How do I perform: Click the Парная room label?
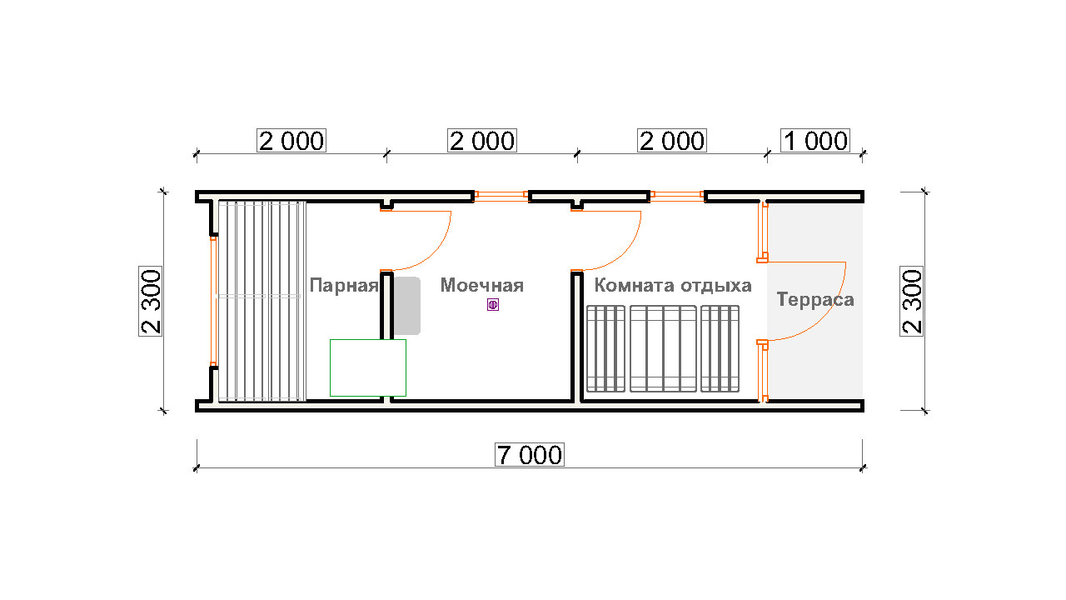344,285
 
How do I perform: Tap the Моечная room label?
481,285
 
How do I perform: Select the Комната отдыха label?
673,285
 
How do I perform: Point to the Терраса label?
815,299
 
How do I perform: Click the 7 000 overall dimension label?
530,455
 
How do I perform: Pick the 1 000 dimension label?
815,141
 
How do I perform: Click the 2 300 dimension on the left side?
151,302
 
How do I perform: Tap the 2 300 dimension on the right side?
912,302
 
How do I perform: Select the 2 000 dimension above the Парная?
291,141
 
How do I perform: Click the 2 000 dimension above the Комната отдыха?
672,141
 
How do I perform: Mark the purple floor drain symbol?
493,305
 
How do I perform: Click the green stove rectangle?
368,367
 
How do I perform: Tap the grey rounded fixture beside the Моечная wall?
407,306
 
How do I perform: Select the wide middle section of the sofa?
663,349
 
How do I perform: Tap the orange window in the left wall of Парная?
213,301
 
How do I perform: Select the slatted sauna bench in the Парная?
262,301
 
